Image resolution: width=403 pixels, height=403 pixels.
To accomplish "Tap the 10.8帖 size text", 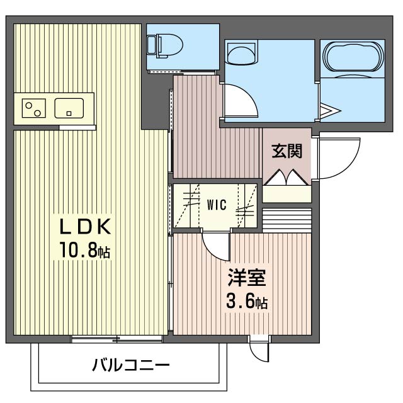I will tap(85, 251).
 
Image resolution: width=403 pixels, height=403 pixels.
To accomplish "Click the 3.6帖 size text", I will tap(247, 302).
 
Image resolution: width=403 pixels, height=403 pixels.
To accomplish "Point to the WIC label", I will tap(217, 204).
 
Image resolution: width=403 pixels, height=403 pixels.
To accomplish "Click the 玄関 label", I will tap(287, 151).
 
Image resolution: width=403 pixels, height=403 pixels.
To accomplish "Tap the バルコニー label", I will tap(130, 365).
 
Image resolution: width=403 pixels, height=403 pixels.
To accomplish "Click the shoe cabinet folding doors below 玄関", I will tap(287, 179).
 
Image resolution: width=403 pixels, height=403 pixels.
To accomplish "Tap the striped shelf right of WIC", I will tap(287, 219).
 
